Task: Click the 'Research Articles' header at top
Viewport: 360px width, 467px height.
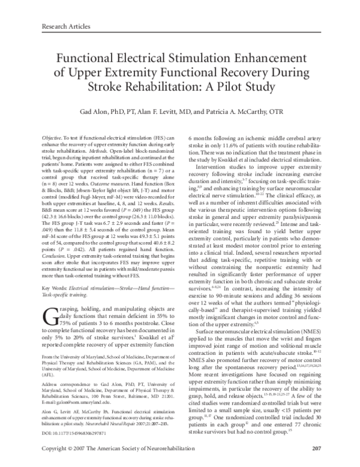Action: coord(65,26)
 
